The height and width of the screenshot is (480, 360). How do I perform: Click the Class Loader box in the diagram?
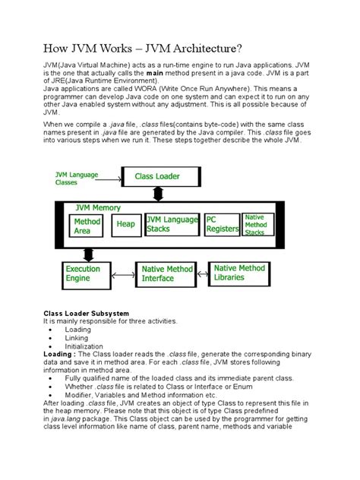pos(158,176)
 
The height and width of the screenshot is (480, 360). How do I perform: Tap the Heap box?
pos(125,224)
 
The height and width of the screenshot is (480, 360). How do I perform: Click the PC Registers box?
pos(222,224)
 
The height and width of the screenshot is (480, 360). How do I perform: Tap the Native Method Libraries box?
pos(240,273)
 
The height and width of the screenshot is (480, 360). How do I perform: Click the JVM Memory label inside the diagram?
pos(98,207)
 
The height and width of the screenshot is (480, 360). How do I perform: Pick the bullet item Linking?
pos(77,338)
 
